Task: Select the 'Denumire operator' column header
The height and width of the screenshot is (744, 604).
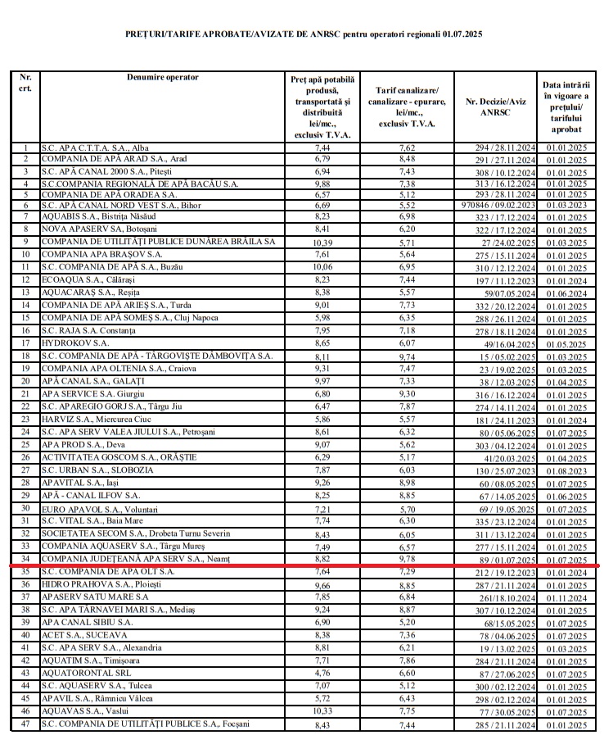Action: point(163,77)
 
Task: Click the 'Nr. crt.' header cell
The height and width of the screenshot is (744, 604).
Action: point(25,83)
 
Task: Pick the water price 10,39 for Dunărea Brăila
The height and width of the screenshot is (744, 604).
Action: point(322,243)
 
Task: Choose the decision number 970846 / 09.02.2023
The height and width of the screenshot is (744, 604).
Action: point(498,205)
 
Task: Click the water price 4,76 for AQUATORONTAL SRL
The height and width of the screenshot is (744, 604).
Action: point(322,673)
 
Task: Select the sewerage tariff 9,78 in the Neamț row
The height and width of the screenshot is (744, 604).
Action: point(407,559)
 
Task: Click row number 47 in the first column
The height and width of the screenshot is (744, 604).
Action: point(25,724)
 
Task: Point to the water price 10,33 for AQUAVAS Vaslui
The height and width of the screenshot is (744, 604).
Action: point(322,711)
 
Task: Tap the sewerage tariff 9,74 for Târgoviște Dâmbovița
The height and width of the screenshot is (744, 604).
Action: point(407,356)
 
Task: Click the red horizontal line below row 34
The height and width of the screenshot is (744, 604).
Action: point(303,565)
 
